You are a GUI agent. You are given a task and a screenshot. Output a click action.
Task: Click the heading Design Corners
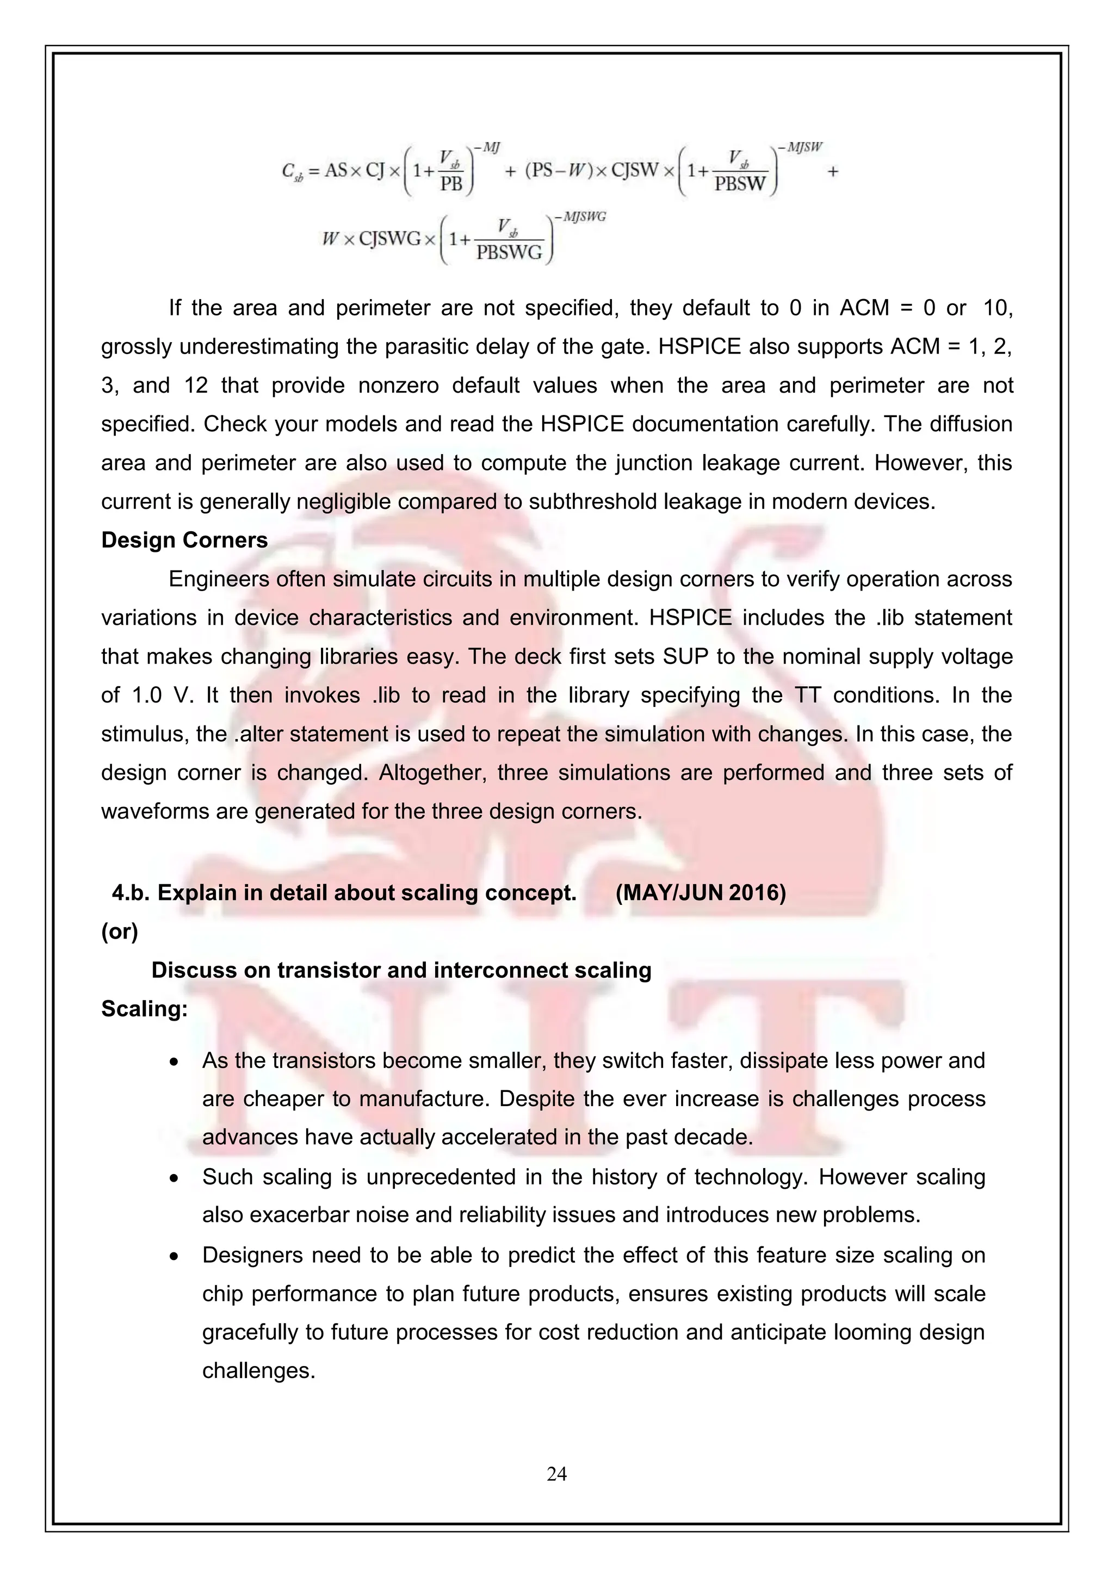pos(184,540)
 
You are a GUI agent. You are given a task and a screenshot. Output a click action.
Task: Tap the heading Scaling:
pos(144,1008)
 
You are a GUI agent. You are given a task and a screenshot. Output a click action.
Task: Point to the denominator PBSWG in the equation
pos(509,253)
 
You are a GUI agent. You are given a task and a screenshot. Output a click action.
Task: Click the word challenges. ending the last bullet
pos(258,1370)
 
